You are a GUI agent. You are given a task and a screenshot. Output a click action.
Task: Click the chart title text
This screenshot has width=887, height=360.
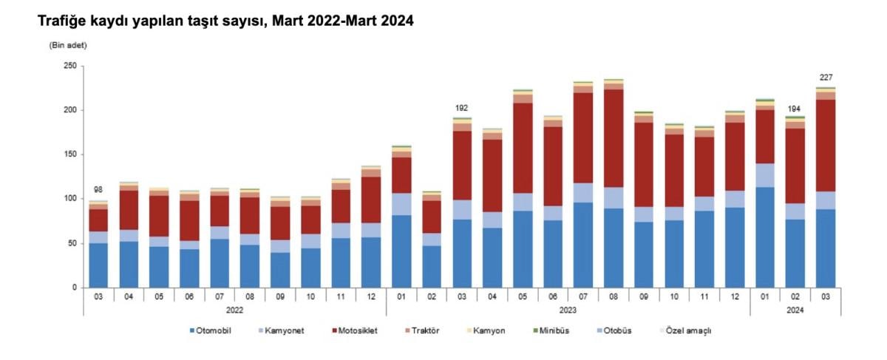[225, 22]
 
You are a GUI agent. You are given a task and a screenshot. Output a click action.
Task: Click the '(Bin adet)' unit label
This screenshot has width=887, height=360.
[68, 46]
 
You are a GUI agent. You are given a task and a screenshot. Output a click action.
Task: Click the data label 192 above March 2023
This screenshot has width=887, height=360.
[462, 108]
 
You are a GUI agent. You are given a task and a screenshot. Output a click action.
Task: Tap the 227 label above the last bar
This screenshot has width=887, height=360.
[826, 78]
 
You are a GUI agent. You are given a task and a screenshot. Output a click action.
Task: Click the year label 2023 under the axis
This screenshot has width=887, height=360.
[568, 310]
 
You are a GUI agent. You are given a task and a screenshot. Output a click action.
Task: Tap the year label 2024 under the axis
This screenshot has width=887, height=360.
[795, 310]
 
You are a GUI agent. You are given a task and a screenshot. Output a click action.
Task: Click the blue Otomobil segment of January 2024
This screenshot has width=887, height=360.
[765, 237]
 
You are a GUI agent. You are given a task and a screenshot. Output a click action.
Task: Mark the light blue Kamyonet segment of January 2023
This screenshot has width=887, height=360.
[401, 204]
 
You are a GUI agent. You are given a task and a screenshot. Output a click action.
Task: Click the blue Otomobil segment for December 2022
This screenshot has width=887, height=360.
[371, 262]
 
